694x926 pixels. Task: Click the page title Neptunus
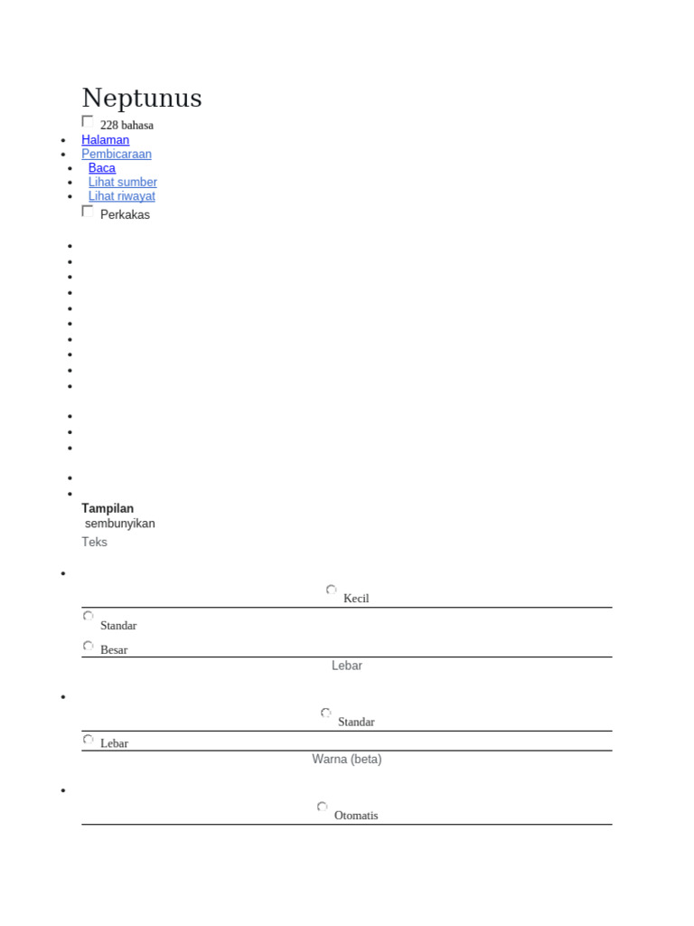pyautogui.click(x=142, y=98)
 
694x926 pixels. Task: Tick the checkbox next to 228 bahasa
pyautogui.click(x=88, y=121)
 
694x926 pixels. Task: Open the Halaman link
pyautogui.click(x=105, y=140)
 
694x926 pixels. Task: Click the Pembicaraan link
pyautogui.click(x=117, y=154)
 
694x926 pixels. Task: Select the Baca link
pyautogui.click(x=102, y=168)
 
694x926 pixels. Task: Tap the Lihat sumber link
pyautogui.click(x=123, y=182)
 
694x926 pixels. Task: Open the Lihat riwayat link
pyautogui.click(x=122, y=196)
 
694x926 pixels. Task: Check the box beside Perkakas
pyautogui.click(x=88, y=211)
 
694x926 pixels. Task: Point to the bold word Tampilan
pyautogui.click(x=108, y=508)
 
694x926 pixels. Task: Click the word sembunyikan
pyautogui.click(x=120, y=524)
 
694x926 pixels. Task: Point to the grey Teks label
pyautogui.click(x=95, y=542)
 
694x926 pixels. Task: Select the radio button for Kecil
pyautogui.click(x=332, y=591)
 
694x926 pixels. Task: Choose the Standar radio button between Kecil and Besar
pyautogui.click(x=89, y=617)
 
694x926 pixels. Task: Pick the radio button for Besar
pyautogui.click(x=89, y=647)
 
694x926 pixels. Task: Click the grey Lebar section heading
pyautogui.click(x=347, y=666)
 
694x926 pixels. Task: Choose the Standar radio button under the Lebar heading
pyautogui.click(x=326, y=714)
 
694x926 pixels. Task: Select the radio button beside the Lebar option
pyautogui.click(x=89, y=740)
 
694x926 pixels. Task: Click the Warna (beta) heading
pyautogui.click(x=347, y=760)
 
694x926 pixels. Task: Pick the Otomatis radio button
pyautogui.click(x=323, y=808)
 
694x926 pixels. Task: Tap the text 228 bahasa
pyautogui.click(x=127, y=126)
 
